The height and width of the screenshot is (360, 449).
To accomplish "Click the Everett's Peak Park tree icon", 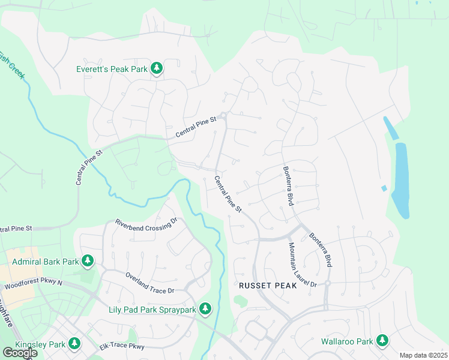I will coord(157,69).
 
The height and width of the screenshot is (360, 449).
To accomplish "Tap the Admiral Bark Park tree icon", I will coord(88,262).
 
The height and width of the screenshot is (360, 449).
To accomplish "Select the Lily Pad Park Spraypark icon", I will coord(205,309).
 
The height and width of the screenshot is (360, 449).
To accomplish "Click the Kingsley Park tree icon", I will coord(74,344).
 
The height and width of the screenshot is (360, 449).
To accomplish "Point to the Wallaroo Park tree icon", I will coord(382,341).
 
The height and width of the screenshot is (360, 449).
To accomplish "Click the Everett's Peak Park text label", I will coord(112,69).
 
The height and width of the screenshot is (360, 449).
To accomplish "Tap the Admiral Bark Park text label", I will coord(46,262).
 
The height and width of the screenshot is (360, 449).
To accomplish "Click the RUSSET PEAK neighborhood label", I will coord(268,286).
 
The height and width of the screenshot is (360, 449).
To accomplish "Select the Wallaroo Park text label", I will coord(348,341).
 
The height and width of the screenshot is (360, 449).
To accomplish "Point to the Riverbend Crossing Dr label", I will coord(147,221).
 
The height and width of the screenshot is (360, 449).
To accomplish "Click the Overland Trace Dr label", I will coord(149,283).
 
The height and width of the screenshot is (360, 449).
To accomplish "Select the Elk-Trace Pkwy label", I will coord(122,346).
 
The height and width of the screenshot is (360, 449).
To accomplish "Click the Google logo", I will coord(20,353).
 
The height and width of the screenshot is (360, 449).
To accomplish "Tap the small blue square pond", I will coord(384,188).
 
